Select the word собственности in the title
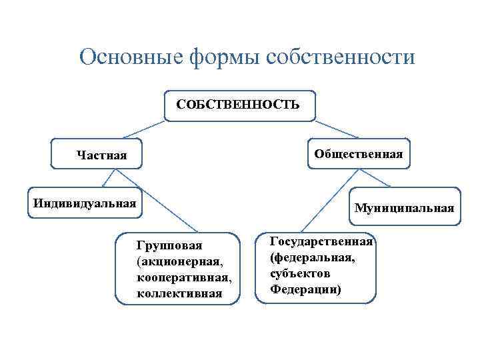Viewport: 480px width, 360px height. [x=340, y=57]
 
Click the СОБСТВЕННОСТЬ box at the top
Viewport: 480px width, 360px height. [x=239, y=105]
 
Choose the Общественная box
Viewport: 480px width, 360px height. [x=359, y=153]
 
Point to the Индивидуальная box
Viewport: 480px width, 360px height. [x=85, y=202]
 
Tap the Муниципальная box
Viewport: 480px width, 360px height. [x=405, y=207]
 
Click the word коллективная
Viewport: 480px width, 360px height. [x=178, y=293]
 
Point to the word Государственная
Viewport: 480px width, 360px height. [x=322, y=241]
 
